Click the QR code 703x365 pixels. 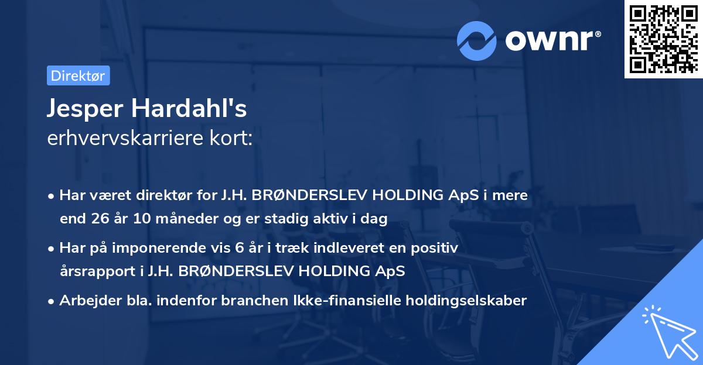click(x=662, y=39)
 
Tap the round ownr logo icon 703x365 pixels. click(x=477, y=41)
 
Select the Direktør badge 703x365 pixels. click(x=78, y=75)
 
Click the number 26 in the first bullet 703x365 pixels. click(x=97, y=219)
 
